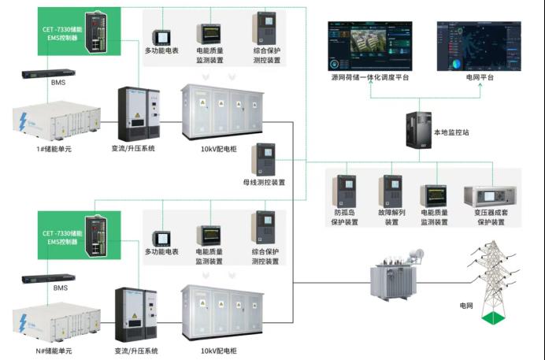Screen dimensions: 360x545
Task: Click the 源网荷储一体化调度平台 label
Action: point(370,78)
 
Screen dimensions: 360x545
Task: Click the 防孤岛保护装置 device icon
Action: point(346,190)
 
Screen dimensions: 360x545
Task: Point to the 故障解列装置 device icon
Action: point(391,190)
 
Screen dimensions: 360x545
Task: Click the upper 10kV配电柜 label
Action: point(220,148)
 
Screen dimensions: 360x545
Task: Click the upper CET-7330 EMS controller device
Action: point(96,35)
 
